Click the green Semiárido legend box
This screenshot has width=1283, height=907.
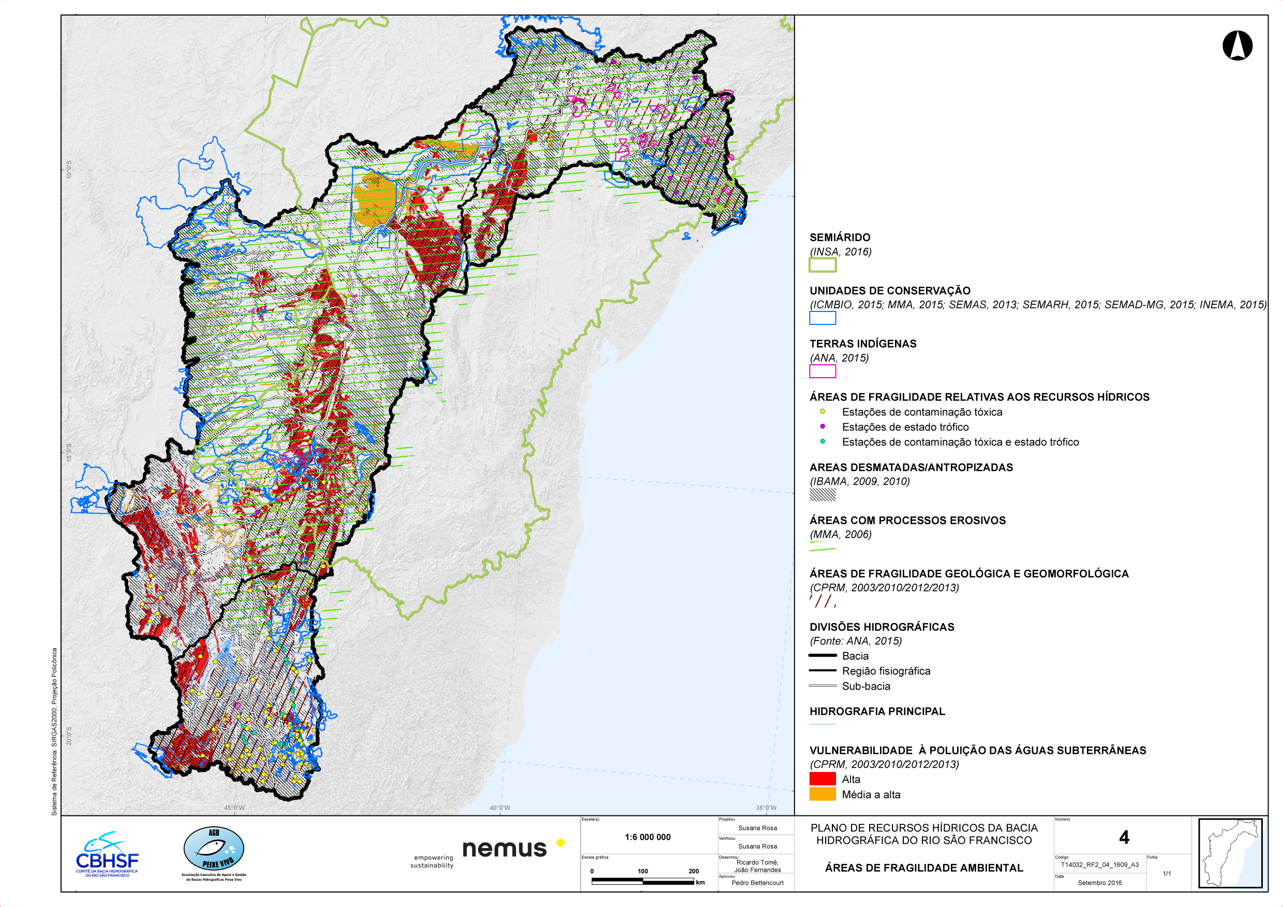pos(823,265)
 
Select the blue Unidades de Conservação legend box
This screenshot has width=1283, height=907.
pos(823,318)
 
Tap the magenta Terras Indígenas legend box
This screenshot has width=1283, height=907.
pos(823,371)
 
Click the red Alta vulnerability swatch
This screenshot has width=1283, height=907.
pos(823,779)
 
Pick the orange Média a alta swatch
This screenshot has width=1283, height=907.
pos(823,794)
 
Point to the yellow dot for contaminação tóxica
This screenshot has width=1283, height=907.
pos(823,412)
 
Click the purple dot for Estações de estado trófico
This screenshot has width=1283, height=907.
pos(823,426)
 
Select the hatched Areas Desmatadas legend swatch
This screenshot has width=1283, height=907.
pos(823,495)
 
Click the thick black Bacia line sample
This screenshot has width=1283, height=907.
pos(823,656)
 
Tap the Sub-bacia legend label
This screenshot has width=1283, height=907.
pos(866,686)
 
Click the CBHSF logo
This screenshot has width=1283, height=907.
pos(107,855)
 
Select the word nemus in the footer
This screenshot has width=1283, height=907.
pos(504,849)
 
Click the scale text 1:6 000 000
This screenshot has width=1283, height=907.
pos(648,837)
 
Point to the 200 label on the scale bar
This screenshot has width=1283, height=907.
pos(693,871)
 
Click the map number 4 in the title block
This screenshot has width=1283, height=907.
pos(1124,837)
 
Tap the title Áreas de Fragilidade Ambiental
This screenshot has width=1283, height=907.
pos(923,868)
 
